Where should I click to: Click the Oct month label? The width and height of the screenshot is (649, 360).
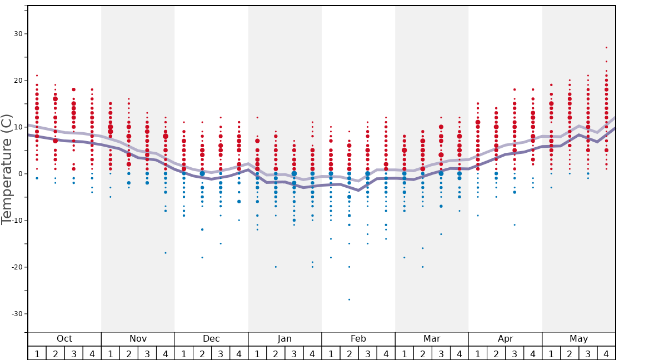[64, 339]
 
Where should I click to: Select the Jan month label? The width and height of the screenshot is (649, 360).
[284, 339]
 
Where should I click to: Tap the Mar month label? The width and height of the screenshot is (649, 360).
[432, 339]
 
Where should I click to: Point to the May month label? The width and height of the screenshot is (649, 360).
[578, 339]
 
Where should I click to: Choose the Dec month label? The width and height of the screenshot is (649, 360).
[211, 339]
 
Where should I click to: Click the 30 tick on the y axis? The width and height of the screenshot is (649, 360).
[18, 34]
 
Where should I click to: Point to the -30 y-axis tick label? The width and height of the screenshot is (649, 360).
[17, 314]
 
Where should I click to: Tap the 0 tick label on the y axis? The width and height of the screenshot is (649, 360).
[20, 174]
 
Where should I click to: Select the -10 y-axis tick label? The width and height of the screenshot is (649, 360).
[17, 221]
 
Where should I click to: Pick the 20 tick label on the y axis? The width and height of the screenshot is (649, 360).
[18, 81]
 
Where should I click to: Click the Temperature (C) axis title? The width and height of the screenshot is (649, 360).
[7, 169]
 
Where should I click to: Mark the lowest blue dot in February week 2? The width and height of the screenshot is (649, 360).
[349, 299]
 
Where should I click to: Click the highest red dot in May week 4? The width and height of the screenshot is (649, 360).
[606, 48]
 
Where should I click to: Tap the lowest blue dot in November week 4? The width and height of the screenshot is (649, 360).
[166, 253]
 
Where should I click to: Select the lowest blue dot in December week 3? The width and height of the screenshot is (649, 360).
[221, 243]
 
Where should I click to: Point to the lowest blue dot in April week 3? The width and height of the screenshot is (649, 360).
[515, 225]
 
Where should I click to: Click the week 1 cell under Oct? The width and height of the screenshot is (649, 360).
[37, 353]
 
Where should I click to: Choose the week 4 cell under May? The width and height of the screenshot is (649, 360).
[606, 353]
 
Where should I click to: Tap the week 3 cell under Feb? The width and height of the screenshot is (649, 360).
[367, 353]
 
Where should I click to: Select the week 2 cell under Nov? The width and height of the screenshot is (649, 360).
[129, 353]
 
